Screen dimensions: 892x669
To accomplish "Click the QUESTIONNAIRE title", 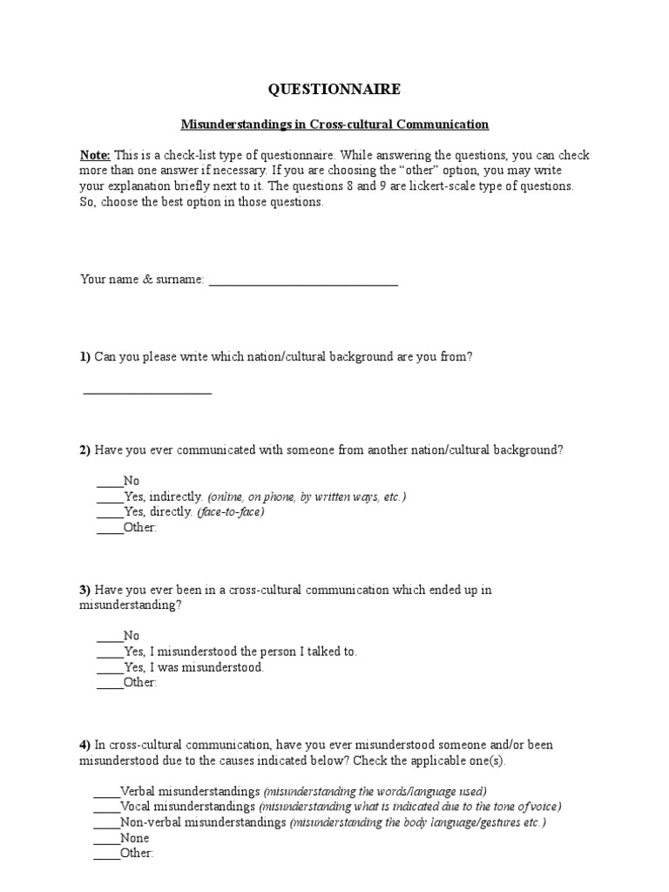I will click(x=334, y=89).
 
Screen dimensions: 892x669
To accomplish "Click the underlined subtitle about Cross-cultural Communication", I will click(x=334, y=125).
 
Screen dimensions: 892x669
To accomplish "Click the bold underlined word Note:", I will click(x=95, y=155).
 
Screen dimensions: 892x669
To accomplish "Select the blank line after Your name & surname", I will click(x=303, y=280).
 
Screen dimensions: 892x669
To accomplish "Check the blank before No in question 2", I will click(x=110, y=482).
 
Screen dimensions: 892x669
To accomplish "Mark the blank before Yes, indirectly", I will click(x=110, y=497).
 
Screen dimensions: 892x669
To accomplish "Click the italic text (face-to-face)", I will click(x=230, y=512).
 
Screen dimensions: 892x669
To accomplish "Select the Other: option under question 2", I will click(x=140, y=528).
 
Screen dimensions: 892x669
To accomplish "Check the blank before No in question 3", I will click(x=110, y=637).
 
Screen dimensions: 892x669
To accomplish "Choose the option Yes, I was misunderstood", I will click(x=193, y=667).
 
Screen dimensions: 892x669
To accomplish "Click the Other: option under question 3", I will click(x=140, y=683).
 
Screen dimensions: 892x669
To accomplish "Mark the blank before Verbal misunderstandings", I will click(x=105, y=792).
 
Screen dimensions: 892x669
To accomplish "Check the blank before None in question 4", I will click(x=105, y=839).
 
